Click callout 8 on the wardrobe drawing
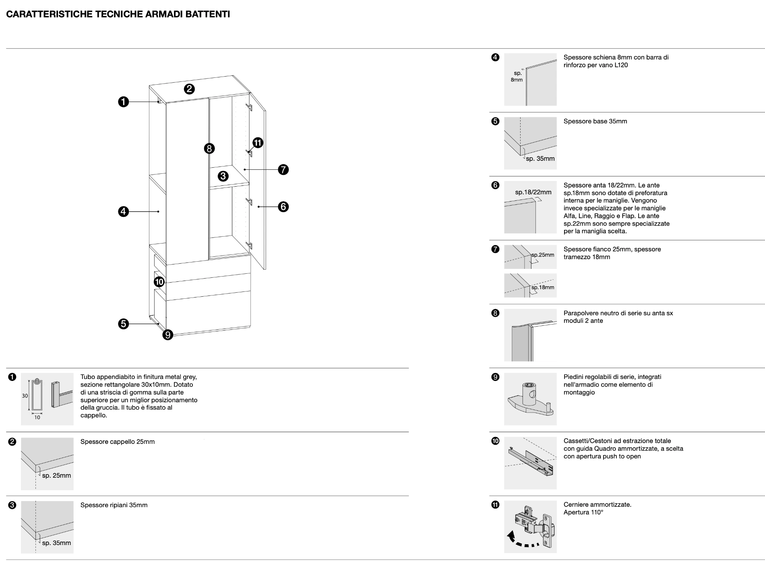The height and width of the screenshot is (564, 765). click(209, 148)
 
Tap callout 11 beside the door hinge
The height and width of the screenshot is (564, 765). click(258, 143)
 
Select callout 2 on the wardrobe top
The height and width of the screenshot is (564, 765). click(189, 89)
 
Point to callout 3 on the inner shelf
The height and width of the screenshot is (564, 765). click(223, 176)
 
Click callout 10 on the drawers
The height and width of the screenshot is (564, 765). click(159, 281)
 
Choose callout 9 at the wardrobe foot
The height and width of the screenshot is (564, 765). click(167, 334)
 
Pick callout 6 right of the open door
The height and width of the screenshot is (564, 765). click(283, 207)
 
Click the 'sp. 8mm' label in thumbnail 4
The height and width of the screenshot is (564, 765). click(517, 77)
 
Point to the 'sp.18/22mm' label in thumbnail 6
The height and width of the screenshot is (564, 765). click(533, 192)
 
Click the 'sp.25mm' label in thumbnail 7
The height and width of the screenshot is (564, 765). click(543, 255)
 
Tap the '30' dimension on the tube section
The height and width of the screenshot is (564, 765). click(25, 395)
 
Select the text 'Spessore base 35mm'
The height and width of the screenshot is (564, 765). click(595, 121)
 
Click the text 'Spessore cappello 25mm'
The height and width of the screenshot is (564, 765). click(118, 442)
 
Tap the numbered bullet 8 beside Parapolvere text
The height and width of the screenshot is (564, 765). click(495, 313)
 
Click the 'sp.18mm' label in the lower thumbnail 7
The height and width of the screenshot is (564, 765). click(543, 287)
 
